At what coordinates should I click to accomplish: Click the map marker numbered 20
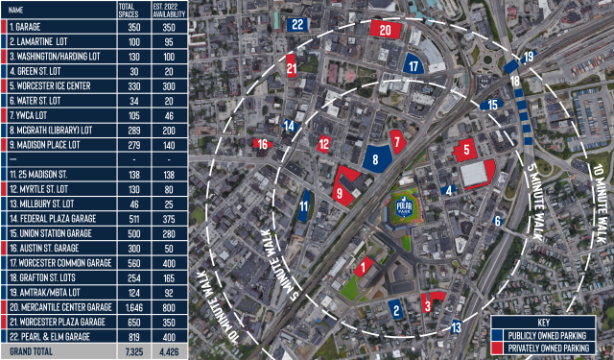click(385, 30)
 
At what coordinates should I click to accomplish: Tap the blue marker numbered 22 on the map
click(298, 25)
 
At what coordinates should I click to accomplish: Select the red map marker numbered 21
click(291, 68)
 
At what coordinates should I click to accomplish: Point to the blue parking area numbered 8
click(377, 159)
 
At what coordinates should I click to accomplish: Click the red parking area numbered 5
click(466, 150)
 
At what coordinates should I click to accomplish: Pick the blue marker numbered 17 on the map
click(413, 66)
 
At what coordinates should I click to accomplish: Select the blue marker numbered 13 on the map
click(457, 327)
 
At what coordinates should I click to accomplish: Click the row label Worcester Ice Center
click(49, 84)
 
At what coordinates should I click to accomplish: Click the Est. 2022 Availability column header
click(165, 10)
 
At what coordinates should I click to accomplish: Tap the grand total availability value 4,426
click(165, 352)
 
